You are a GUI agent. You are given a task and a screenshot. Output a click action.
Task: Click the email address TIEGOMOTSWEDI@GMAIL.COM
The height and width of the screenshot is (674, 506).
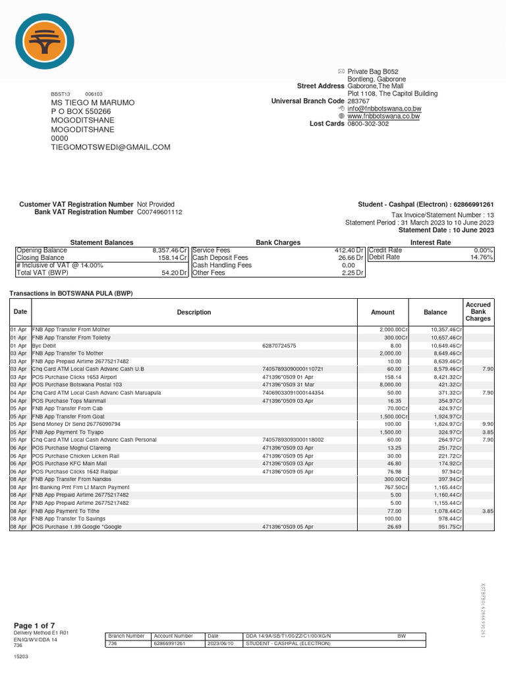pyautogui.click(x=111, y=147)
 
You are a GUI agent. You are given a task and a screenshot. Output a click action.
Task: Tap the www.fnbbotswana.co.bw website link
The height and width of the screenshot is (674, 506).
pyautogui.click(x=384, y=116)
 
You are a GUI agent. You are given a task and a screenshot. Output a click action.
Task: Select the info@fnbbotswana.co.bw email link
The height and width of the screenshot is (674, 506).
pyautogui.click(x=384, y=109)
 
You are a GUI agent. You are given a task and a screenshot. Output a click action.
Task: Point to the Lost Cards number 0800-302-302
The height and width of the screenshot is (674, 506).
pyautogui.click(x=368, y=124)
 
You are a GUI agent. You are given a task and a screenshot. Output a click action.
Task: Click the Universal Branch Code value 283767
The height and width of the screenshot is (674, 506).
pyautogui.click(x=358, y=101)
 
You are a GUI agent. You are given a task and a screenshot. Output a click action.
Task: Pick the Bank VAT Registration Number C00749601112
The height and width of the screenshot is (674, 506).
pyautogui.click(x=159, y=213)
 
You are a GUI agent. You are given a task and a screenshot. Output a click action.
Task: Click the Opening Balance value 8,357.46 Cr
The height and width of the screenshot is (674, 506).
pyautogui.click(x=170, y=251)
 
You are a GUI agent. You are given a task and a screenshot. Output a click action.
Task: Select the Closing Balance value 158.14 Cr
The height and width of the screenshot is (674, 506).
pyautogui.click(x=172, y=258)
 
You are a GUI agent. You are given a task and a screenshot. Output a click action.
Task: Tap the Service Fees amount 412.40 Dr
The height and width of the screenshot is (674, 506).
pyautogui.click(x=349, y=251)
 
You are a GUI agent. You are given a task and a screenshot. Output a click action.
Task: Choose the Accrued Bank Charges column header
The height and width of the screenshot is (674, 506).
pyautogui.click(x=478, y=312)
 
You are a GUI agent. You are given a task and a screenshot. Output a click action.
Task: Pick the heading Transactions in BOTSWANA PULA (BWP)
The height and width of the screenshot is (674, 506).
pyautogui.click(x=71, y=293)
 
